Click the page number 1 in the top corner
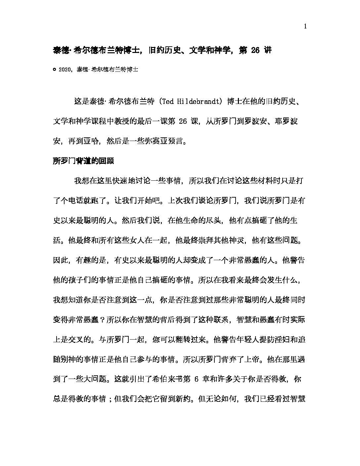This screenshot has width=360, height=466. (x=305, y=27)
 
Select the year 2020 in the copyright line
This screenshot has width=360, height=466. (x=65, y=70)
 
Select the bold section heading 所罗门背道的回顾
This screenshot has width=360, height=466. (x=83, y=161)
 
